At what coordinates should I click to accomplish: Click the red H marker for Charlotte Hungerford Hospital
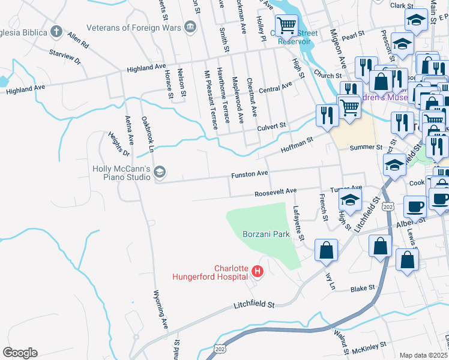(x=258, y=272)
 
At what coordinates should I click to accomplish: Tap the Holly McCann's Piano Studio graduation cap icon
(x=159, y=173)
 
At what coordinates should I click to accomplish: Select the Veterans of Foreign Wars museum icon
(x=191, y=27)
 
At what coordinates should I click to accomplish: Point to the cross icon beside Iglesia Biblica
(x=56, y=31)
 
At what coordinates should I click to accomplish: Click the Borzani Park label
(x=266, y=234)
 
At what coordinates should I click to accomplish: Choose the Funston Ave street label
(x=250, y=174)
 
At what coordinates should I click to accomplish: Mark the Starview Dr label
(x=65, y=58)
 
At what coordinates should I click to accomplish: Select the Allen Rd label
(x=78, y=40)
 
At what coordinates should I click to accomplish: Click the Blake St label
(x=363, y=289)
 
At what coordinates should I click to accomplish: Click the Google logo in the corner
(x=20, y=353)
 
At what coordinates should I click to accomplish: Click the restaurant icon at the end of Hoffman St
(x=327, y=114)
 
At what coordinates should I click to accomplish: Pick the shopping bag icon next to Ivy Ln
(x=325, y=251)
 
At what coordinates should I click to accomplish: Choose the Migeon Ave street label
(x=342, y=53)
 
